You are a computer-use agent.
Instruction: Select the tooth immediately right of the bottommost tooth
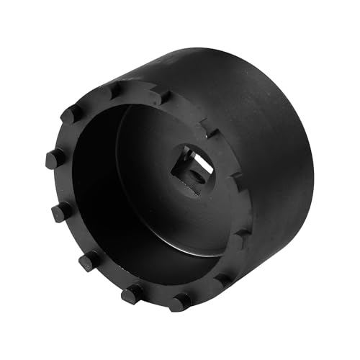pos(223,279)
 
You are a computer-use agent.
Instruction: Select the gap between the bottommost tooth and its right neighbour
pos(203,292)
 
